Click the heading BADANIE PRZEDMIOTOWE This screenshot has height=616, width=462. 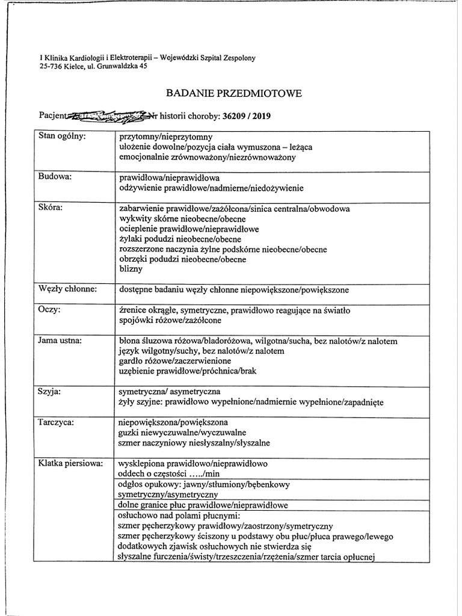pos(233,94)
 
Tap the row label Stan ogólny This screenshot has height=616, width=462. pos(62,136)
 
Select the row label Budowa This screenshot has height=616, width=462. pos(55,177)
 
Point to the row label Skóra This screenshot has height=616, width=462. pos(51,208)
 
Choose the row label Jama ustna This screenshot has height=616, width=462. pos(61,340)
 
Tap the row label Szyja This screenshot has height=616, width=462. pos(51,391)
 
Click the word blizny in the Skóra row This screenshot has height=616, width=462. pos(131,270)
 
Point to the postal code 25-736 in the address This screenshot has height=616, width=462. pos(51,67)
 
